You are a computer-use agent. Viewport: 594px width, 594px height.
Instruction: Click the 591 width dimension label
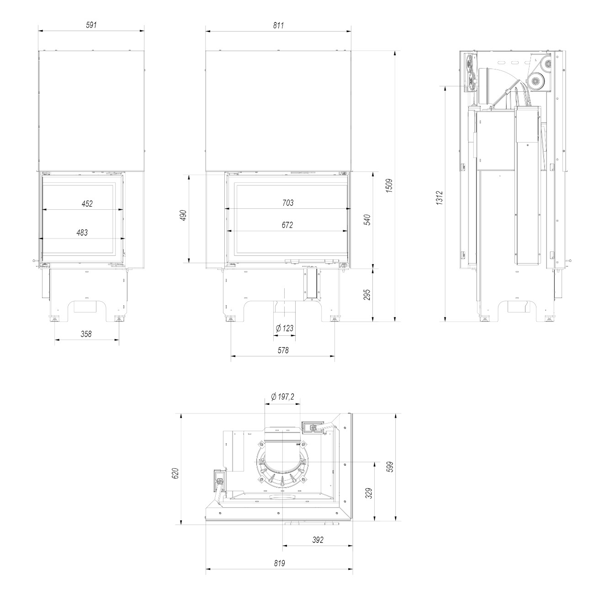click(x=91, y=25)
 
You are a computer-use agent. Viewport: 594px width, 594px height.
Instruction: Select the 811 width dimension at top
click(x=278, y=26)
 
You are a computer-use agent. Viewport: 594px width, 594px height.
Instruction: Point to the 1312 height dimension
click(x=439, y=198)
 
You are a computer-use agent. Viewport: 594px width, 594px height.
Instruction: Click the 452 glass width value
click(x=87, y=204)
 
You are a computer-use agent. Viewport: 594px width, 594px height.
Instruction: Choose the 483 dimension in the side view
click(x=82, y=233)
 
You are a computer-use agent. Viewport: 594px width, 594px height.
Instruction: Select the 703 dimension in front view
click(x=287, y=203)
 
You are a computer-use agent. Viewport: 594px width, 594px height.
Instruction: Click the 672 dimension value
click(x=287, y=225)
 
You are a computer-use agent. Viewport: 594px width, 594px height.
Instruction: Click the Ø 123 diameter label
click(x=285, y=328)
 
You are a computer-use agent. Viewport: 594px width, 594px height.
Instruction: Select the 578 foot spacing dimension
click(x=283, y=350)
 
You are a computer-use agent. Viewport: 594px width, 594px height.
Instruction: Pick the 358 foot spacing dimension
click(x=86, y=334)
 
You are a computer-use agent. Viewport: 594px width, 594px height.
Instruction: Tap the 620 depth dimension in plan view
click(x=175, y=473)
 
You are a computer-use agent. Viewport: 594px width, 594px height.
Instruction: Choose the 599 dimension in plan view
click(x=390, y=467)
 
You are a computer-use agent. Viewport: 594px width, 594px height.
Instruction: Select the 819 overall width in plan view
click(x=280, y=563)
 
